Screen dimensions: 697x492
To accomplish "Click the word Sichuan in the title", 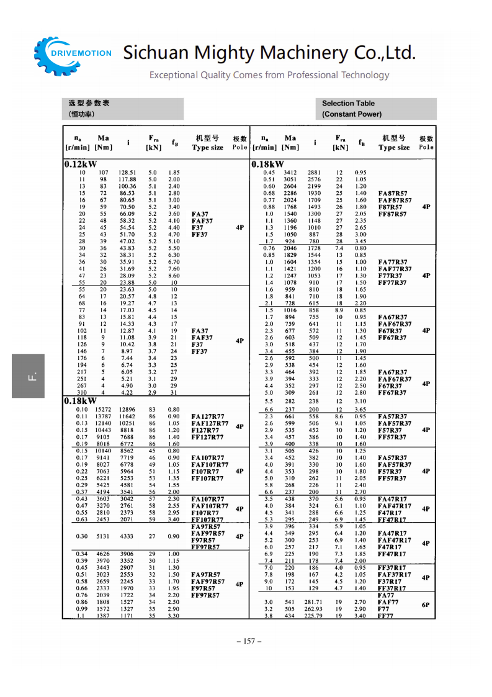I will click(x=153, y=53).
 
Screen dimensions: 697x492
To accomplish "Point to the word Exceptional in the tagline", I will click(x=174, y=75).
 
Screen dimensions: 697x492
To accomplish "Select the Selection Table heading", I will click(x=348, y=104).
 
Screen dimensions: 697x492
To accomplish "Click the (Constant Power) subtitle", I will click(x=352, y=114).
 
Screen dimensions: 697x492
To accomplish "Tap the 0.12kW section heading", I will click(x=80, y=164).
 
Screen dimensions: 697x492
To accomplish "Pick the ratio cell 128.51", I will click(x=127, y=173).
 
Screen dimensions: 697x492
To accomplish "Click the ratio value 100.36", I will click(x=127, y=186).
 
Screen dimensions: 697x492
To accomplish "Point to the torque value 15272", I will click(x=104, y=410).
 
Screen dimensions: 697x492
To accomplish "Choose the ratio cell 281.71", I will click(x=314, y=602).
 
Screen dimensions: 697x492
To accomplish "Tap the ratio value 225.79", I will click(x=314, y=616).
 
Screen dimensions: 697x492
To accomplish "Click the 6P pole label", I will click(x=426, y=605).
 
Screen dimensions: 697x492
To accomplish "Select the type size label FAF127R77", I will click(x=209, y=423).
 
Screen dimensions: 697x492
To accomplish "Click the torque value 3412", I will click(x=290, y=173).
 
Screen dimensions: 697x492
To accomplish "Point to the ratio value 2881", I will click(x=315, y=173).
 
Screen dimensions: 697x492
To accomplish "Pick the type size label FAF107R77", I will click(x=209, y=464).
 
